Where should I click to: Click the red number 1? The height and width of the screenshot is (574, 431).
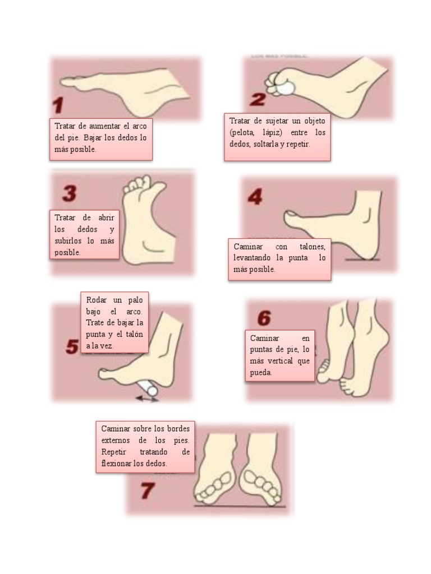coord(58,105)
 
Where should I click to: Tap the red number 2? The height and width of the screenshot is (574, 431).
coord(258,100)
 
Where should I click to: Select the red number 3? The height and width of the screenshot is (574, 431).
coord(69,193)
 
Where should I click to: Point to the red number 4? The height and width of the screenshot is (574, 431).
coord(255,197)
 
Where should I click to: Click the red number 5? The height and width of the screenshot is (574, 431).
coord(72,346)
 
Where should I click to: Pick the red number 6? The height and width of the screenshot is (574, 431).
coord(264,318)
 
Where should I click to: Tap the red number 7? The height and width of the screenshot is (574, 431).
coord(148,490)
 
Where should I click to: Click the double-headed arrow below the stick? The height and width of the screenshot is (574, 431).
coord(148,399)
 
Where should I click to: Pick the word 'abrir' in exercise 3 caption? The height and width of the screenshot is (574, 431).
coord(106,217)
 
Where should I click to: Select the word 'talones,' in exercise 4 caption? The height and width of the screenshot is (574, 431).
coord(312,247)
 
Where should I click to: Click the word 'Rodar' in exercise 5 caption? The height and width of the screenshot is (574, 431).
coord(97,300)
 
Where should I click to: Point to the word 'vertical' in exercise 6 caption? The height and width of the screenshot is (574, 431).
coord(279,361)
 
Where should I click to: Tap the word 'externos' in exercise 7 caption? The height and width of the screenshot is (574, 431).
coord(116,440)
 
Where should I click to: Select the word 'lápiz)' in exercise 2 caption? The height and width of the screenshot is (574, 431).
coord(272,132)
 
